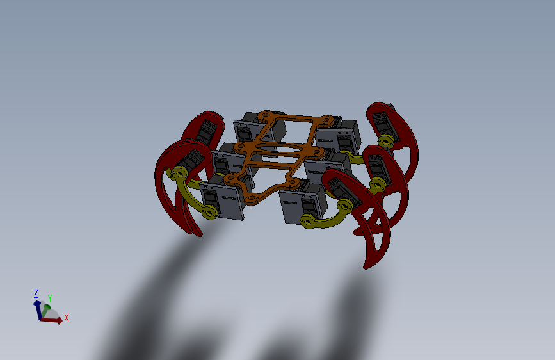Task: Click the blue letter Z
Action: click(x=36, y=294)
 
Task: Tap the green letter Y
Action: click(x=50, y=299)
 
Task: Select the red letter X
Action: click(x=66, y=318)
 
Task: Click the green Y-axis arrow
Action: click(x=45, y=310)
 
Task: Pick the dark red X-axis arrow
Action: click(x=52, y=320)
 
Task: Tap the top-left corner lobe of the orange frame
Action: click(x=265, y=115)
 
